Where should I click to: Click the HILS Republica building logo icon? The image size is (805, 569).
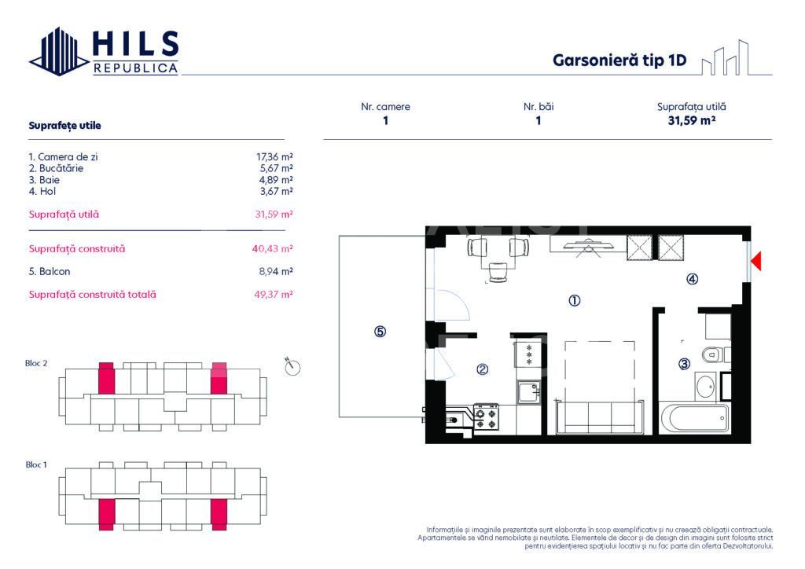[x=58, y=52]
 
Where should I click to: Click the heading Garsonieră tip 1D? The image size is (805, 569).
[x=619, y=60]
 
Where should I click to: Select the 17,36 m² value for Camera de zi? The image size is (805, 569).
[x=274, y=157]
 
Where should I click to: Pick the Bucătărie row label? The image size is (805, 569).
[x=56, y=168]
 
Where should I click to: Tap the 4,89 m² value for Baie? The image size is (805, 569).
[x=276, y=180]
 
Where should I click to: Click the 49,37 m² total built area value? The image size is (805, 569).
[x=273, y=295]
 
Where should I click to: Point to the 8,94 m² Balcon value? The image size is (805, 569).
[x=276, y=271]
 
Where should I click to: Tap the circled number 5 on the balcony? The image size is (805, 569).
[x=380, y=332]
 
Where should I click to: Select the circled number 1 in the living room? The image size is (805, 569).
[x=575, y=301]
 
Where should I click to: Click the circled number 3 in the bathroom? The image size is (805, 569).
[x=685, y=364]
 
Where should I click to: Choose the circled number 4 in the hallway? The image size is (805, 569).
[x=692, y=279]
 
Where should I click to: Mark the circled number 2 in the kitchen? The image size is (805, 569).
[x=482, y=369]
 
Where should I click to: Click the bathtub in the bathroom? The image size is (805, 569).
[x=695, y=418]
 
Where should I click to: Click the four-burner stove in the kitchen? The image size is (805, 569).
[x=486, y=417]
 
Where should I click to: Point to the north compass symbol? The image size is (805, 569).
[x=292, y=366]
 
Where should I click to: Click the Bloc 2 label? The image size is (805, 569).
[x=36, y=363]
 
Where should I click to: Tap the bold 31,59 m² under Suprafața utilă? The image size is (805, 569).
[x=692, y=120]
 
